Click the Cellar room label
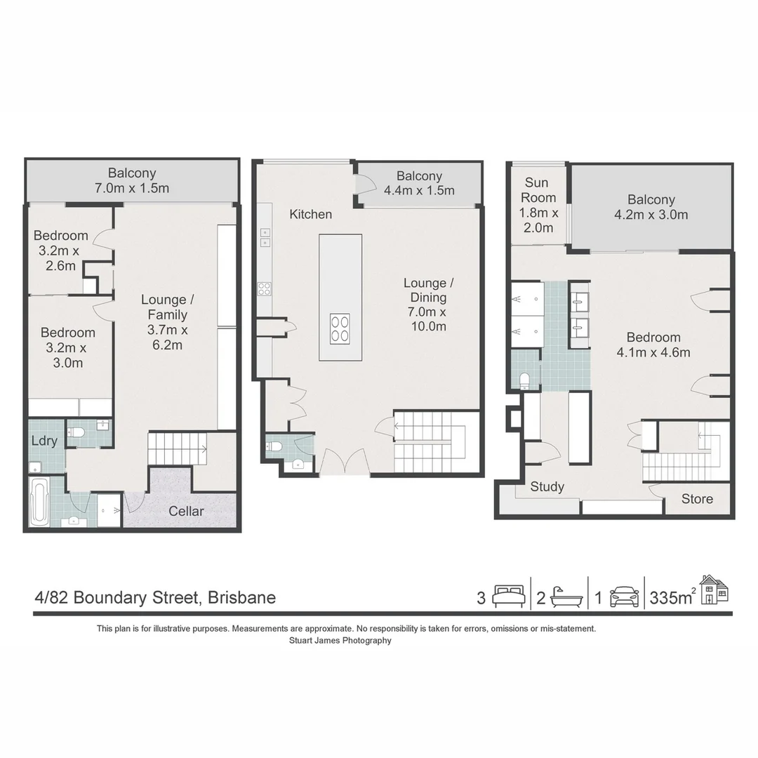pyautogui.click(x=186, y=511)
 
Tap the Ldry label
pyautogui.click(x=44, y=441)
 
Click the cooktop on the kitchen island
pyautogui.click(x=340, y=328)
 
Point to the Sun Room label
pyautogui.click(x=538, y=205)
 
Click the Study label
pyautogui.click(x=547, y=486)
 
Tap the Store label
pyautogui.click(x=697, y=499)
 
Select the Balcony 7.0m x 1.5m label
pyautogui.click(x=132, y=180)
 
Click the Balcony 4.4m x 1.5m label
pyautogui.click(x=419, y=183)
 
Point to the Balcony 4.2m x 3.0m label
pyautogui.click(x=651, y=207)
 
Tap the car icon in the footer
pyautogui.click(x=624, y=597)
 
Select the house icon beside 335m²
pyautogui.click(x=714, y=590)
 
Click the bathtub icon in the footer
pyautogui.click(x=566, y=597)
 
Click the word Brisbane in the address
pyautogui.click(x=243, y=598)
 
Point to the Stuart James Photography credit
pyautogui.click(x=340, y=640)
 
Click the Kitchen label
pyautogui.click(x=310, y=214)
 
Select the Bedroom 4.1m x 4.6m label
pyautogui.click(x=653, y=345)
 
